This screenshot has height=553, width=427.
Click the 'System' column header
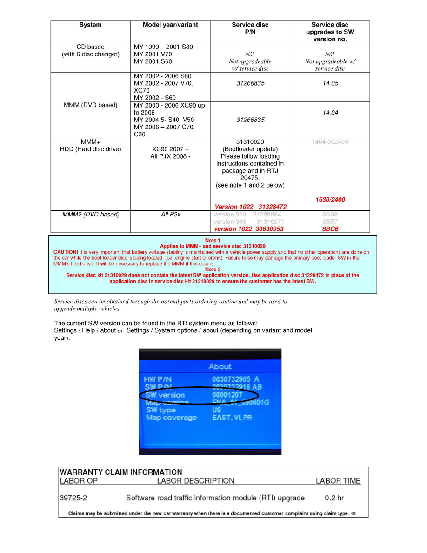[90, 25]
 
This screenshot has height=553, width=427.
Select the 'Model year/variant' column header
[170, 25]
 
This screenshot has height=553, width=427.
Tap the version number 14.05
[330, 84]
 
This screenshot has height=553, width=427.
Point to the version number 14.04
[330, 113]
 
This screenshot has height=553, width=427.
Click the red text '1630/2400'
[330, 200]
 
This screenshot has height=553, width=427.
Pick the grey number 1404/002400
[330, 142]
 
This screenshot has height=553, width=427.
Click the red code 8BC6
[330, 229]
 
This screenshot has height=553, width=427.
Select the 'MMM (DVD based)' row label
[90, 105]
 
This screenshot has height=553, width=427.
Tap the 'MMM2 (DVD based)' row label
[91, 215]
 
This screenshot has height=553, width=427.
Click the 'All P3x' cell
[170, 215]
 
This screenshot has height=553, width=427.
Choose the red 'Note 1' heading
[213, 240]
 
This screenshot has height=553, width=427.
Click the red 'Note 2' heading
[213, 270]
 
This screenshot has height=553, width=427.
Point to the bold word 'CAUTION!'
[66, 252]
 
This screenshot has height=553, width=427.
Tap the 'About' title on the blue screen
[220, 366]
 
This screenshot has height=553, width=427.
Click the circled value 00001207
[227, 395]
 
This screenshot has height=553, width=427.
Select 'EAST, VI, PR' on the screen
[232, 418]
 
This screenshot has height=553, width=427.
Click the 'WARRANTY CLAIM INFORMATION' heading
[121, 472]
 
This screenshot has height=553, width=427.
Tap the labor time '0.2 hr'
[334, 498]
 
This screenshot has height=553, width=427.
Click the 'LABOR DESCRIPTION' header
[195, 481]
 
